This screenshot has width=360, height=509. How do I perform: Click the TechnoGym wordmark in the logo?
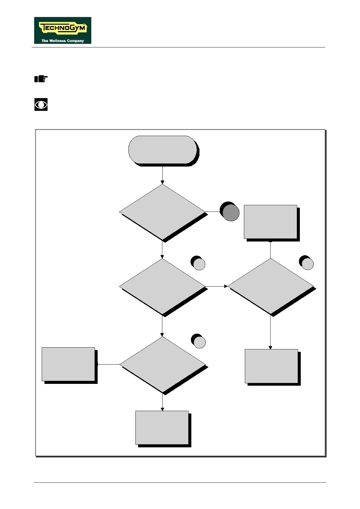tap(63, 28)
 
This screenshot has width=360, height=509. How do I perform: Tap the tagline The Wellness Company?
tap(63, 41)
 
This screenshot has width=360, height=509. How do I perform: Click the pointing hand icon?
tap(41, 79)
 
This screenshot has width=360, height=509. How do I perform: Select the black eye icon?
tap(41, 105)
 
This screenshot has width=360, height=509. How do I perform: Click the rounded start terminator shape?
tap(163, 150)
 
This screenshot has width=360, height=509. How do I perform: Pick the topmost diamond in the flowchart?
tap(162, 212)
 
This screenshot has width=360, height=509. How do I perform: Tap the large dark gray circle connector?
tap(230, 212)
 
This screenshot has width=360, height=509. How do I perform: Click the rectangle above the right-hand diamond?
tap(271, 222)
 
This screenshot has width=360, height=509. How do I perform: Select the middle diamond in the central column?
tap(162, 287)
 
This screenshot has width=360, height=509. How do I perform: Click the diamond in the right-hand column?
tap(271, 286)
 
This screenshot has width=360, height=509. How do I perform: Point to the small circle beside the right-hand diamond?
tap(307, 263)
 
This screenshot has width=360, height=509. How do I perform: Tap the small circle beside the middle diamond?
tap(199, 263)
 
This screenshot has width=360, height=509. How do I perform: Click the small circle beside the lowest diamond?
tap(199, 342)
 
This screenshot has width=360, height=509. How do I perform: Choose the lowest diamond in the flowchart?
tap(162, 365)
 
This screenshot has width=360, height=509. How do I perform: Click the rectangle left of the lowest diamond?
tap(68, 364)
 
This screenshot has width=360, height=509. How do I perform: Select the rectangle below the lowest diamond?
tap(162, 428)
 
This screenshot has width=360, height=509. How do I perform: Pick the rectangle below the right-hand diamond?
tap(271, 366)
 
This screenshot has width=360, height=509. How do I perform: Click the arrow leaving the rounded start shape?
tap(162, 175)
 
